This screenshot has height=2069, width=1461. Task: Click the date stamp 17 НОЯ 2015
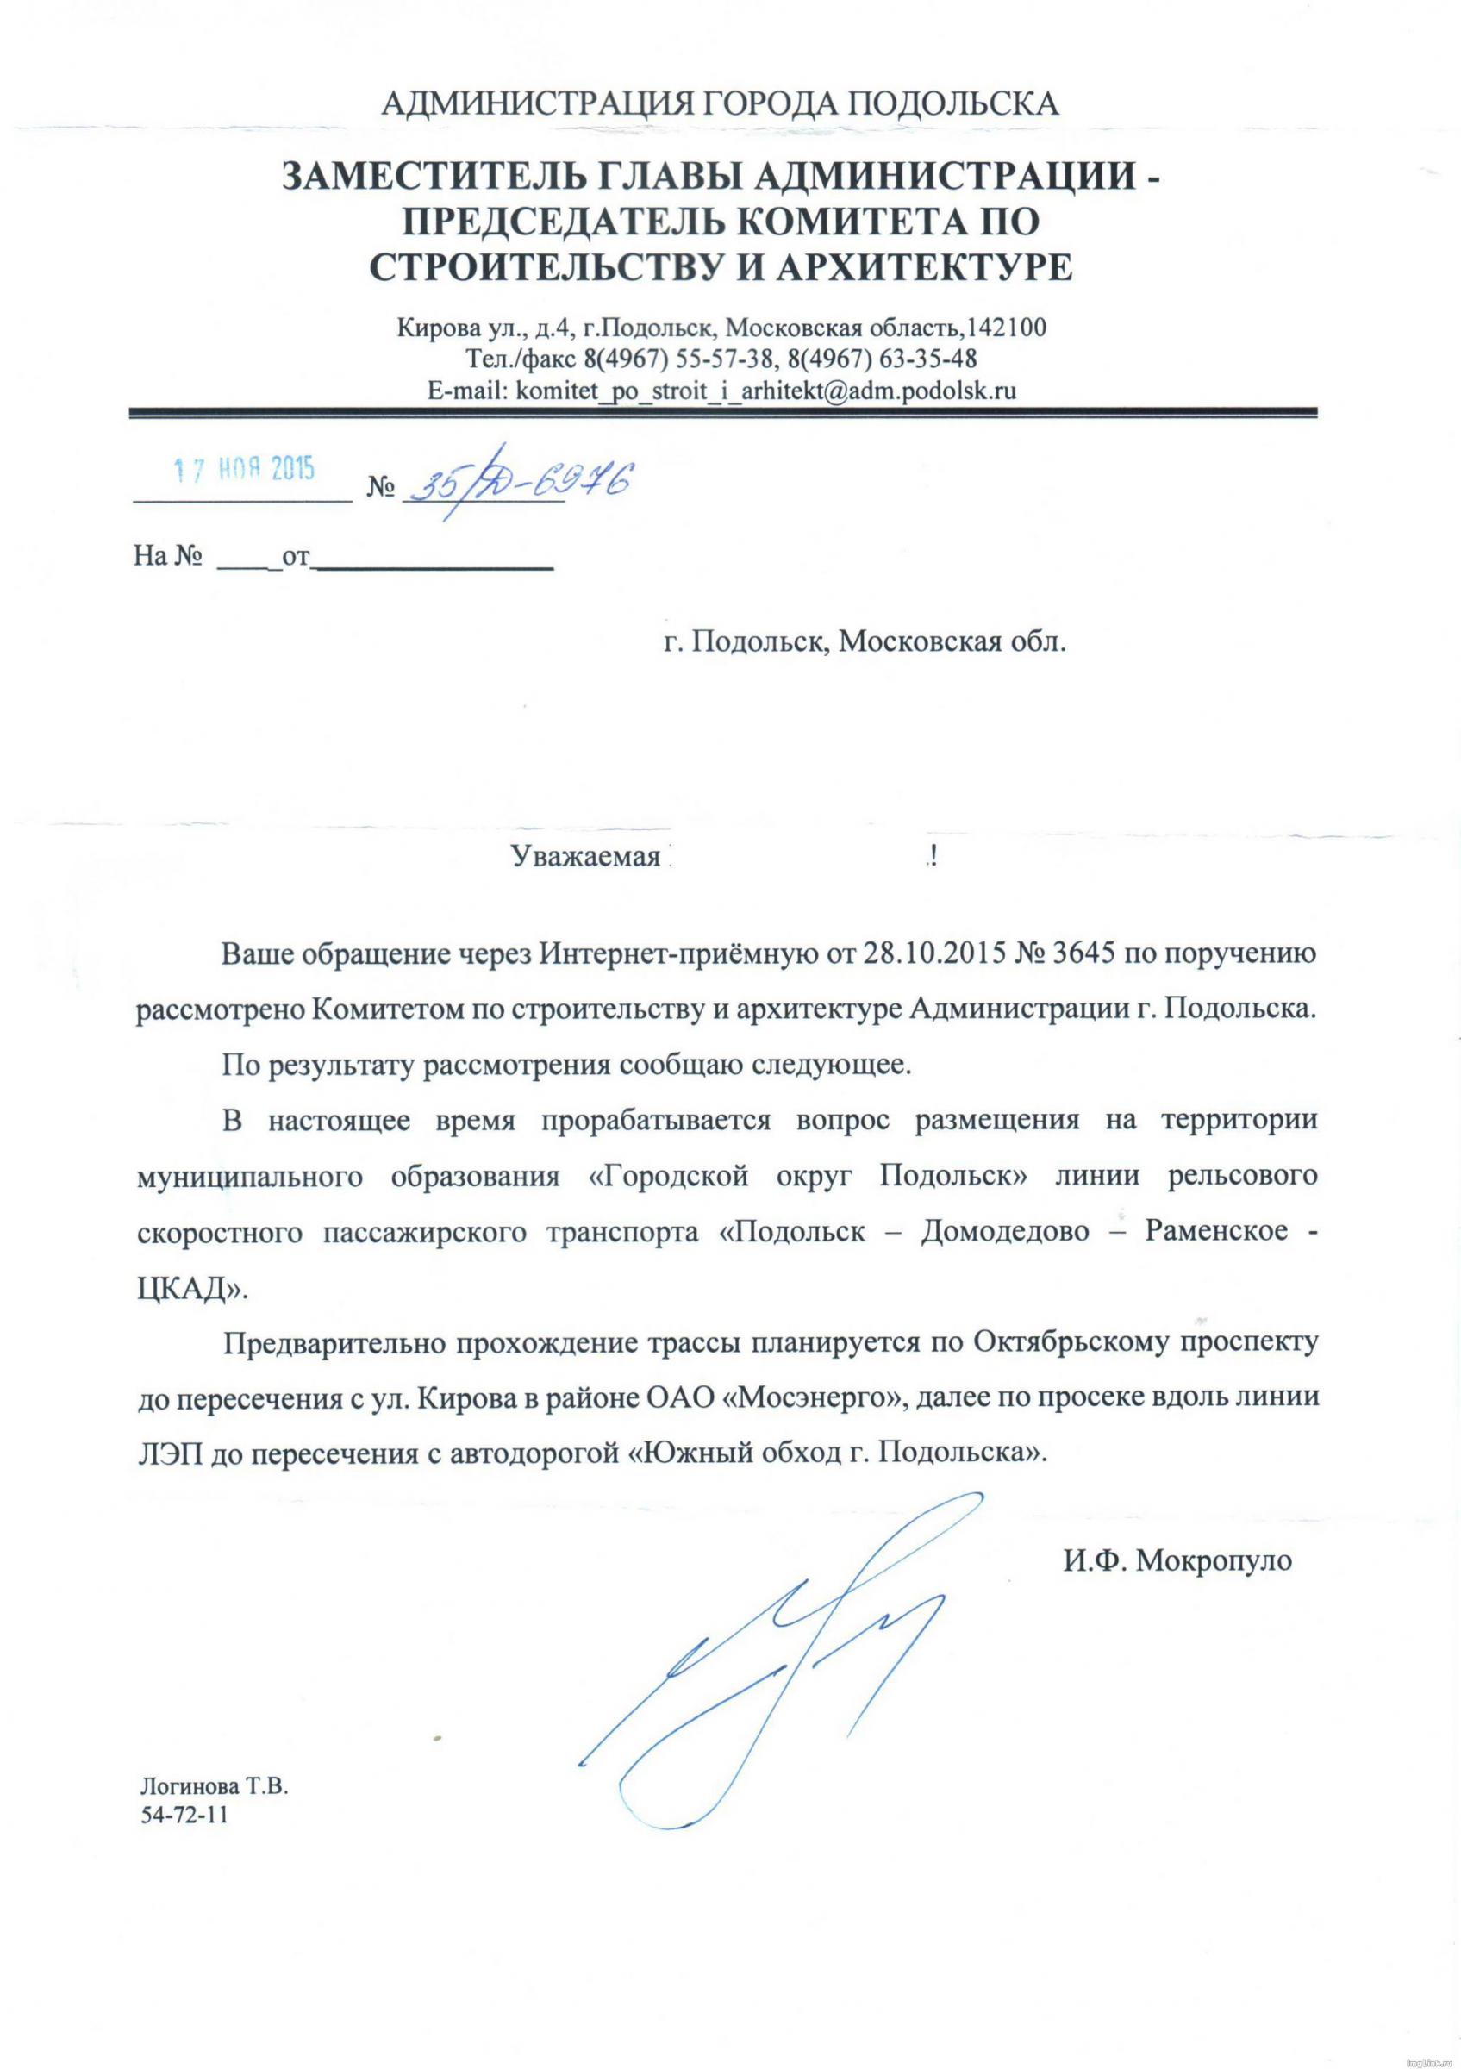point(243,471)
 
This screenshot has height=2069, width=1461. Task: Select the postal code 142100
point(1005,328)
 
